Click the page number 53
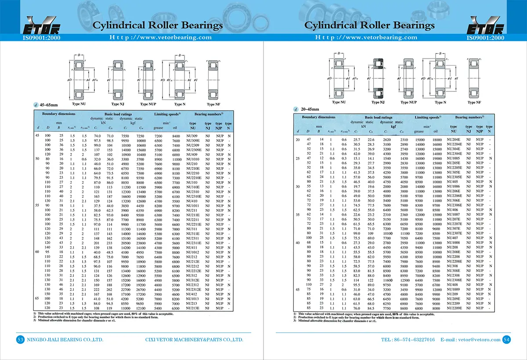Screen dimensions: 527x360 pyautogui.click(x=20, y=339)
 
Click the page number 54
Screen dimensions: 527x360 pyautogui.click(x=506, y=339)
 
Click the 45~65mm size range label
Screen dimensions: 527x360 pyautogui.click(x=50, y=105)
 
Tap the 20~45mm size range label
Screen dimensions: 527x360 pyautogui.click(x=310, y=109)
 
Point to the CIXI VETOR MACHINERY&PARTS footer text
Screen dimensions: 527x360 pyautogui.click(x=194, y=340)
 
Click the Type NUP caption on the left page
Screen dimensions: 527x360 pyautogui.click(x=150, y=104)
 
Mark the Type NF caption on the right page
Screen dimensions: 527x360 pyautogui.click(x=474, y=102)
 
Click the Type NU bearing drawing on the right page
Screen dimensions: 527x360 pyautogui.click(x=339, y=77)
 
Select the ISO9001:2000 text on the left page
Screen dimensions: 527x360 pyautogui.click(x=41, y=38)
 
